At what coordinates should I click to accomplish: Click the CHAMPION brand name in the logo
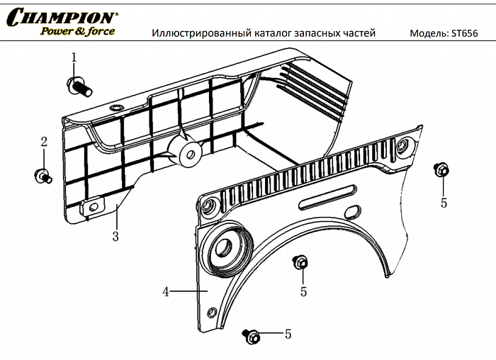[62, 16]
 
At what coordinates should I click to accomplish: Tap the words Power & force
[77, 31]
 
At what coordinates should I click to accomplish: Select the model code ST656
[467, 33]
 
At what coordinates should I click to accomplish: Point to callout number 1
[73, 57]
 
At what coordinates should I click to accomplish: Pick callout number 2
[43, 142]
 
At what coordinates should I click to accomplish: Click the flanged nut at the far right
[441, 170]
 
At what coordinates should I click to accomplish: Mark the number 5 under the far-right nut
[444, 203]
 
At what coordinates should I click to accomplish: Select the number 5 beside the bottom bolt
[288, 333]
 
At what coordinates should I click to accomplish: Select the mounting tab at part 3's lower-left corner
[89, 207]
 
